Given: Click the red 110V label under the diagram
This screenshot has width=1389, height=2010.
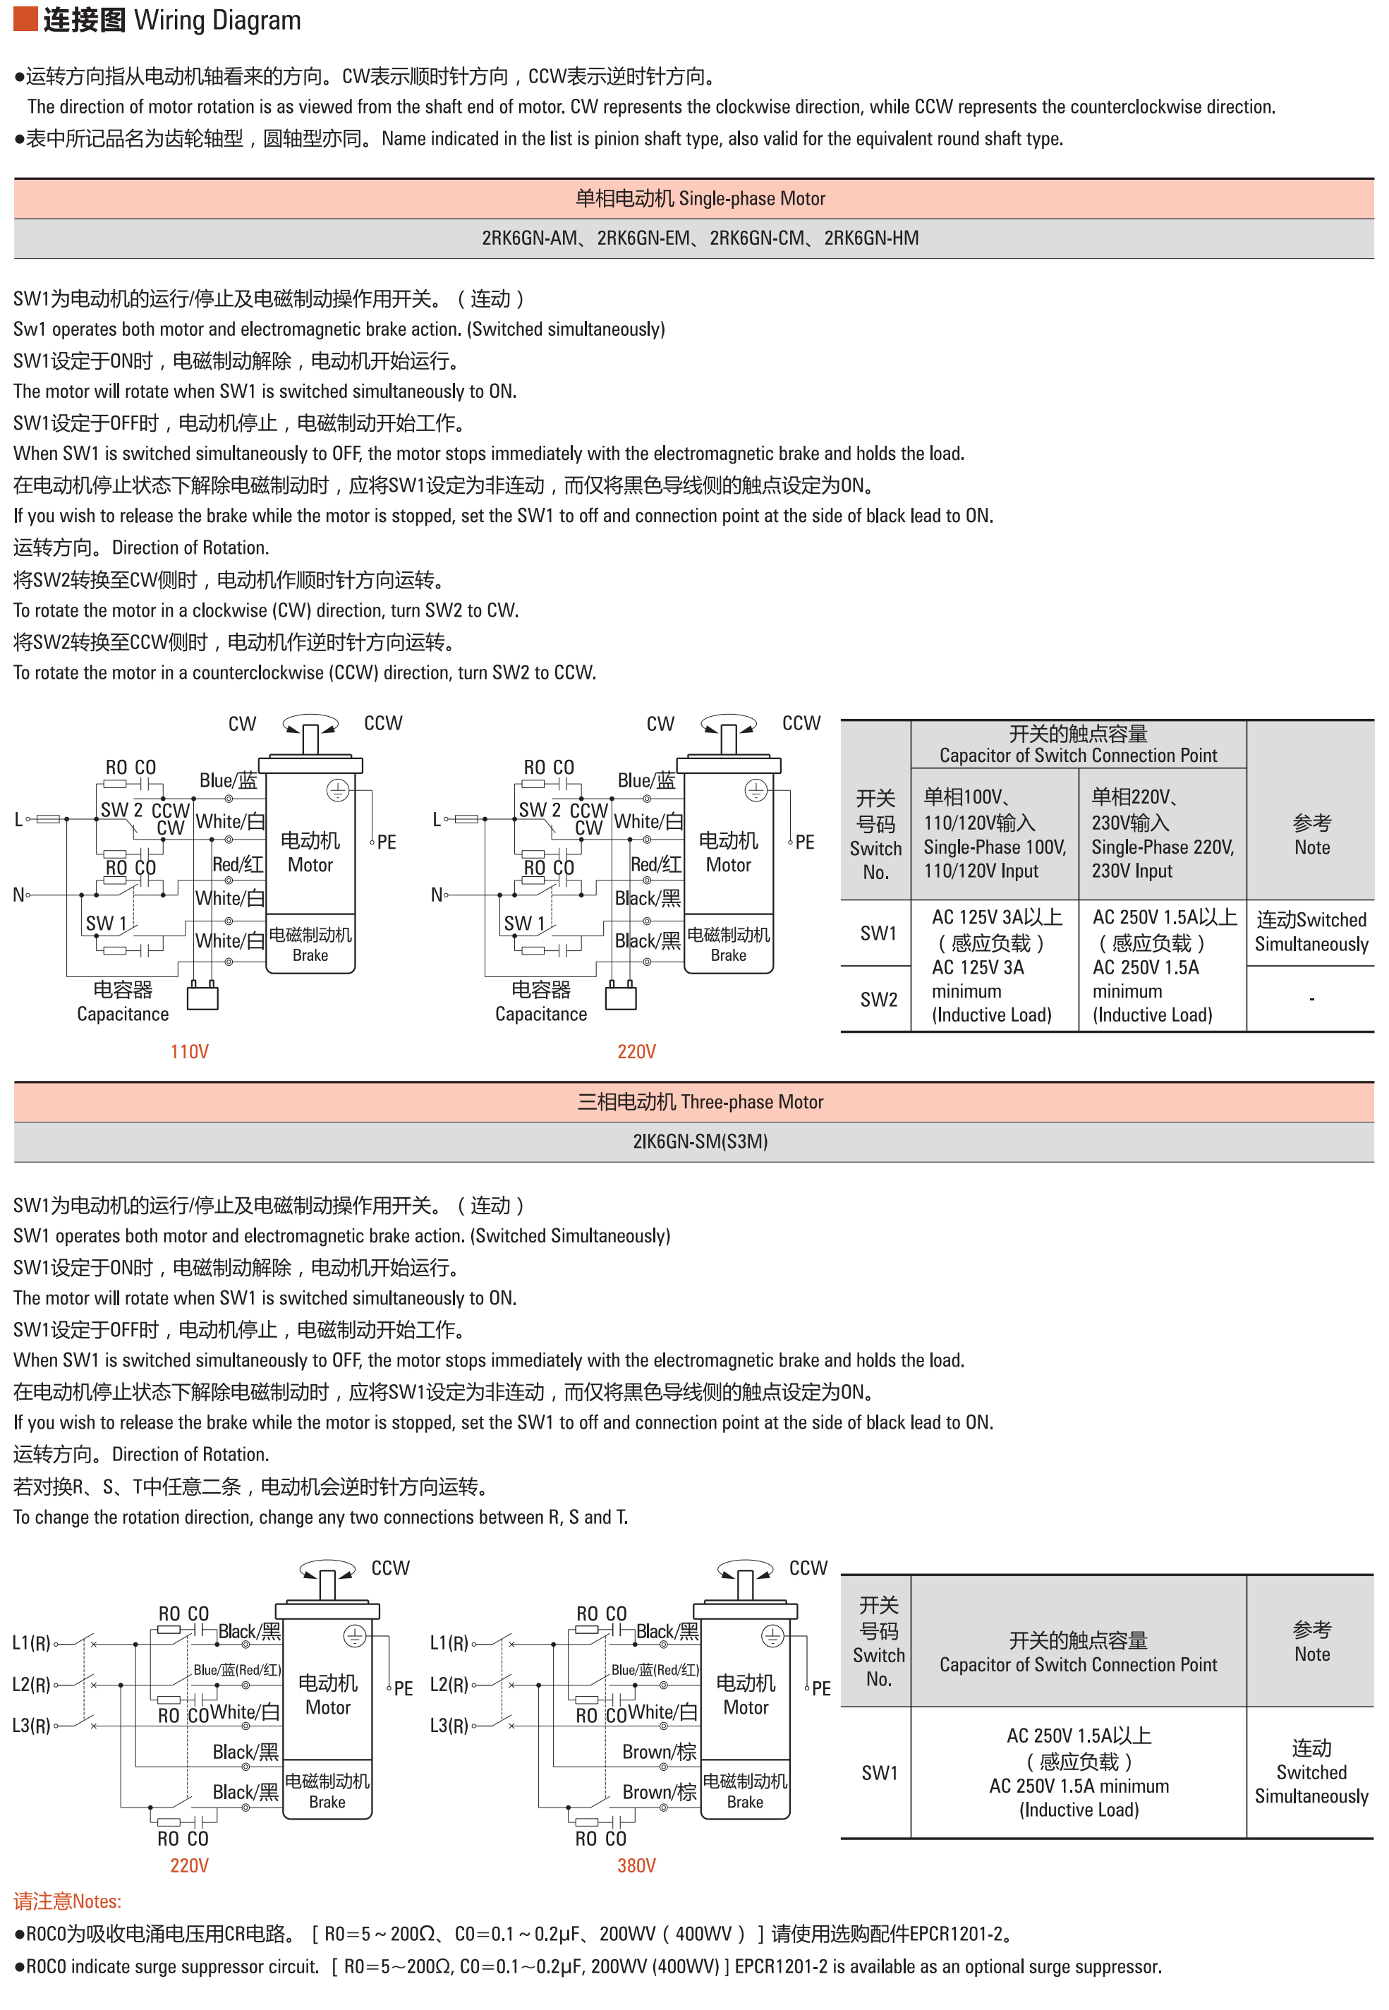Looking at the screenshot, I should pyautogui.click(x=189, y=1051).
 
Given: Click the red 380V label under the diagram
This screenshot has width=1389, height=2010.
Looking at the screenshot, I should pyautogui.click(x=636, y=1865).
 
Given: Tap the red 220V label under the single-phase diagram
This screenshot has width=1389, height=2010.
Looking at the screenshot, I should pyautogui.click(x=636, y=1051).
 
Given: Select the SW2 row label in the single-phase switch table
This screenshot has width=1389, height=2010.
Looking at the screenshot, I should pyautogui.click(x=878, y=999).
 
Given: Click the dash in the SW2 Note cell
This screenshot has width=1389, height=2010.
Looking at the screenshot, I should pyautogui.click(x=1311, y=999).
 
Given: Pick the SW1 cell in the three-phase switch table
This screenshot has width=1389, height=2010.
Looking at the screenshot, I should pyautogui.click(x=879, y=1772).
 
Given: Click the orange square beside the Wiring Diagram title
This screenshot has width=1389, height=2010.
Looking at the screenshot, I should pyautogui.click(x=25, y=18).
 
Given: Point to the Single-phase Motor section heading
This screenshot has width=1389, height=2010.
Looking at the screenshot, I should pyautogui.click(x=700, y=198).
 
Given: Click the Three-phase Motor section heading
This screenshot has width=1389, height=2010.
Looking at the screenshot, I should pyautogui.click(x=700, y=1101).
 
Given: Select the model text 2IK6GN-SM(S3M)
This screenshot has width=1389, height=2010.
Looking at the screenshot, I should pyautogui.click(x=700, y=1141).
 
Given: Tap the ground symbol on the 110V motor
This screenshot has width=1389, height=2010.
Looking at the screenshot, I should pyautogui.click(x=338, y=790).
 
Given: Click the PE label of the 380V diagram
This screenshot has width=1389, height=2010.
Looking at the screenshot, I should pyautogui.click(x=820, y=1688).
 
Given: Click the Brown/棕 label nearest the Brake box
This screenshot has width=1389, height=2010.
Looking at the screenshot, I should pyautogui.click(x=659, y=1791).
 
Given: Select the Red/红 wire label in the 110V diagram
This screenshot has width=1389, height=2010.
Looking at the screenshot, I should pyautogui.click(x=238, y=864).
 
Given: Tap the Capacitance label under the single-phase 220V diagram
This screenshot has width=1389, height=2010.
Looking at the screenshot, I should pyautogui.click(x=540, y=1014).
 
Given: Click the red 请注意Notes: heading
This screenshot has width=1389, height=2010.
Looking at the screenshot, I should pyautogui.click(x=67, y=1901).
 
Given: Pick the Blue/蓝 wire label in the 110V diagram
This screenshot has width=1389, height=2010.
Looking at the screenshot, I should pyautogui.click(x=228, y=780).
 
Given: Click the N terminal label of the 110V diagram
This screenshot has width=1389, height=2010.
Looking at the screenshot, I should pyautogui.click(x=18, y=894).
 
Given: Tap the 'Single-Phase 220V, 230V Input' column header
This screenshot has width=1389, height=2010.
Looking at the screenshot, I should pyautogui.click(x=1162, y=834).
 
